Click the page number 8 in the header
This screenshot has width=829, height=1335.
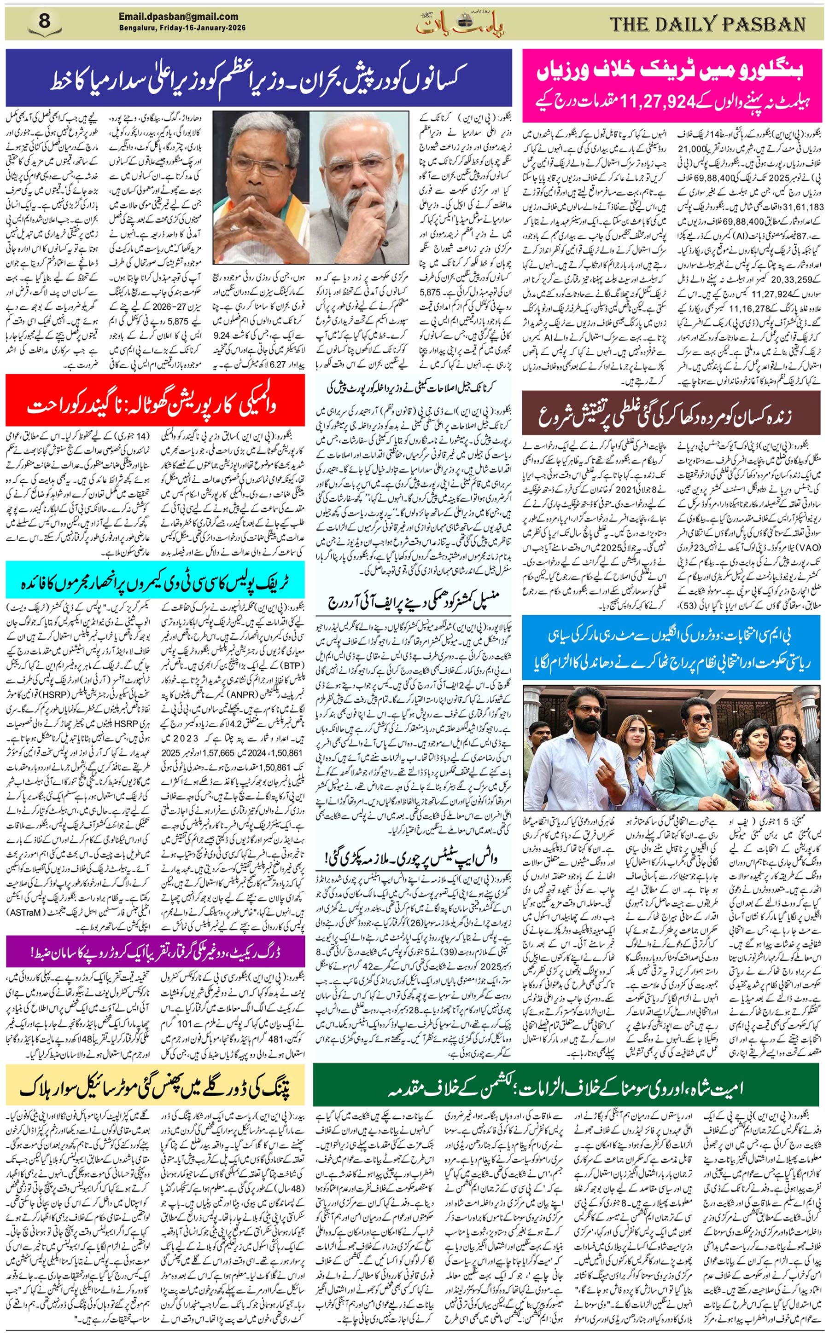(x=44, y=23)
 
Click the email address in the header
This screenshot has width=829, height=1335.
(x=179, y=17)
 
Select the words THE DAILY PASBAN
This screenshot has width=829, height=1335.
(x=708, y=24)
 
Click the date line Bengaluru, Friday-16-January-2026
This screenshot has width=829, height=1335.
(x=182, y=28)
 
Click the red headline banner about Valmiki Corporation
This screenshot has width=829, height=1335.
(x=155, y=407)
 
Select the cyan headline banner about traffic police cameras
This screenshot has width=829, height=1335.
(x=155, y=582)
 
